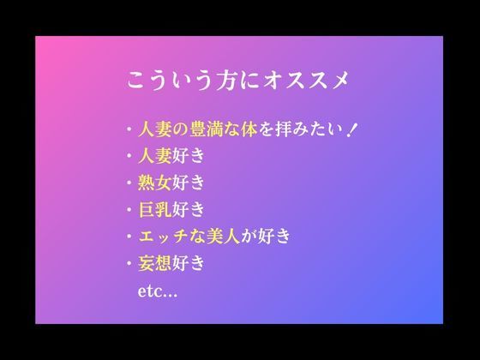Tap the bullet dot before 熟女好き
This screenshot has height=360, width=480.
click(x=128, y=183)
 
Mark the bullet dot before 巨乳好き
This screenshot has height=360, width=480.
click(x=128, y=210)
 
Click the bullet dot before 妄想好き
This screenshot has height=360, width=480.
click(x=128, y=263)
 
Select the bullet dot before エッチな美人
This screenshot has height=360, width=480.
click(x=128, y=237)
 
